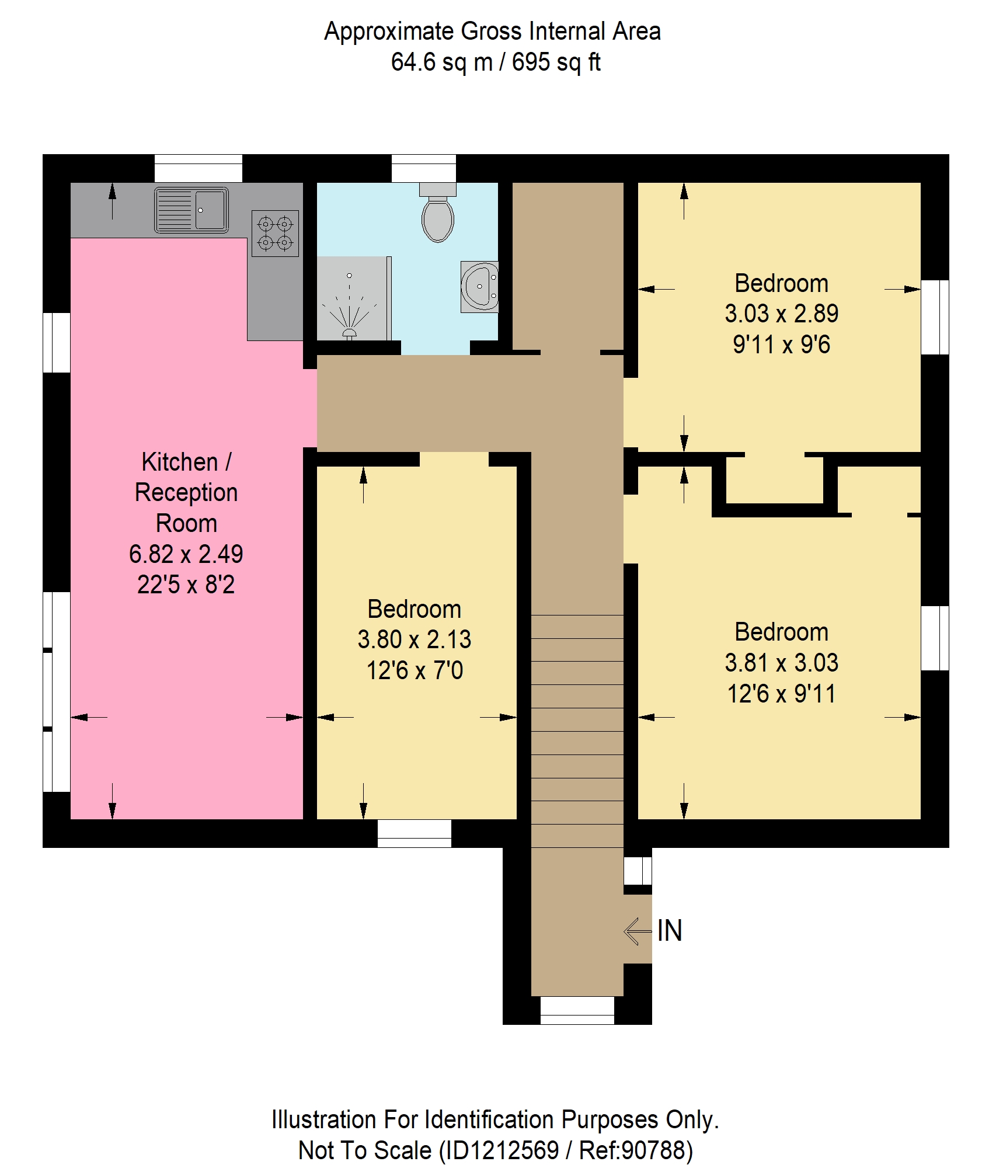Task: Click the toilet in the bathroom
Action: [437, 213]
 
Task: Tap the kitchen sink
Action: [191, 210]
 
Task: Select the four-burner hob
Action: [275, 233]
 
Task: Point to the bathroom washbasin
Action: [479, 287]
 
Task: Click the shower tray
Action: [354, 298]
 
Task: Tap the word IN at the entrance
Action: [669, 930]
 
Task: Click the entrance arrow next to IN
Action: [638, 931]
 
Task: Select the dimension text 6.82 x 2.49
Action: [186, 554]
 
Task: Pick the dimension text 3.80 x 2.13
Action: [415, 639]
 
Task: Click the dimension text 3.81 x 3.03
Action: [781, 662]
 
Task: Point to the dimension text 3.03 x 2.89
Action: [781, 314]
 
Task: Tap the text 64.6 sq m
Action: [442, 62]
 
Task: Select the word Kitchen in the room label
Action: [180, 462]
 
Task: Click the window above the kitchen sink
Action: [199, 168]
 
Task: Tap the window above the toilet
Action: [423, 168]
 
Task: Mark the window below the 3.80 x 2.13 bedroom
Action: [415, 833]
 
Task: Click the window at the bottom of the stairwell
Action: [577, 1010]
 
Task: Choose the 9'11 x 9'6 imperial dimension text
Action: [781, 345]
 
